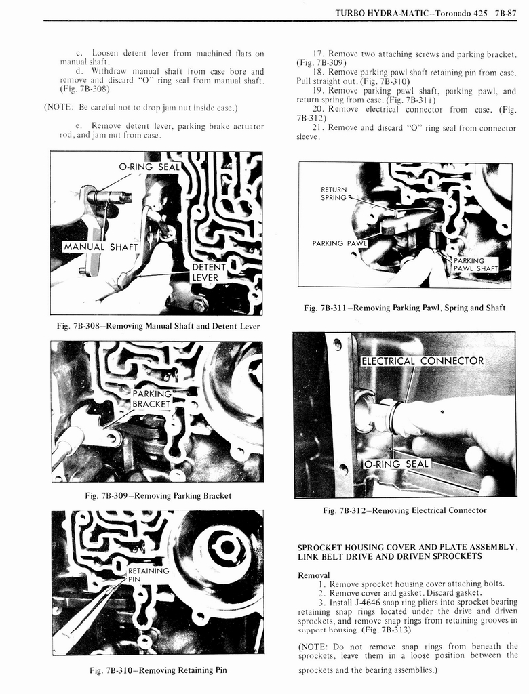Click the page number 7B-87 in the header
click(506, 12)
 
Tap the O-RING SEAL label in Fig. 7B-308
click(149, 167)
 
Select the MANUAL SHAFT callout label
click(100, 247)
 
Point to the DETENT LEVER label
click(209, 272)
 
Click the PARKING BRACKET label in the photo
click(152, 399)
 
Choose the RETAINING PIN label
click(148, 575)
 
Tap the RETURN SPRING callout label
click(334, 194)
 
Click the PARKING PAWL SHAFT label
click(475, 264)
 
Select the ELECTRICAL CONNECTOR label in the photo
click(422, 361)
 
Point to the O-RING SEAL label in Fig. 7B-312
click(397, 464)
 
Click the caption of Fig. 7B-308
click(158, 326)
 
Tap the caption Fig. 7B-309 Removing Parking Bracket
click(158, 495)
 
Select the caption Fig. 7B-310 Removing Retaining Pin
click(158, 670)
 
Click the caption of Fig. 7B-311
click(404, 308)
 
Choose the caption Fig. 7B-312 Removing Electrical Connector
click(404, 510)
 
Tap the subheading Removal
click(314, 575)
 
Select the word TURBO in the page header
click(352, 12)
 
